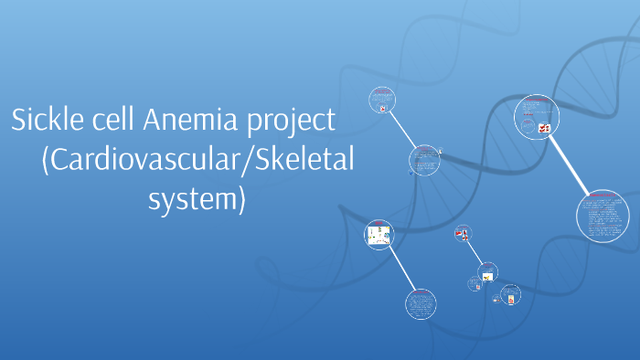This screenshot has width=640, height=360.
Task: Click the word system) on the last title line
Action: [x=197, y=198]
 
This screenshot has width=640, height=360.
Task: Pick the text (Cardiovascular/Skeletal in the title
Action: [x=197, y=160]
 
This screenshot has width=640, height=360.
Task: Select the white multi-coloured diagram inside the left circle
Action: [x=379, y=237]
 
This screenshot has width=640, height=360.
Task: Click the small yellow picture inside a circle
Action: [x=488, y=275]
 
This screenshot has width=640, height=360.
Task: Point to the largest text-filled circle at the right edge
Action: [x=603, y=216]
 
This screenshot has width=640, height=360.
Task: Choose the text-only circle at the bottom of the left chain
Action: [x=421, y=305]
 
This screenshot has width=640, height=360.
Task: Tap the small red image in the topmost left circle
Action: [x=381, y=108]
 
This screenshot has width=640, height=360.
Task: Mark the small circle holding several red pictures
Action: [x=464, y=233]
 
